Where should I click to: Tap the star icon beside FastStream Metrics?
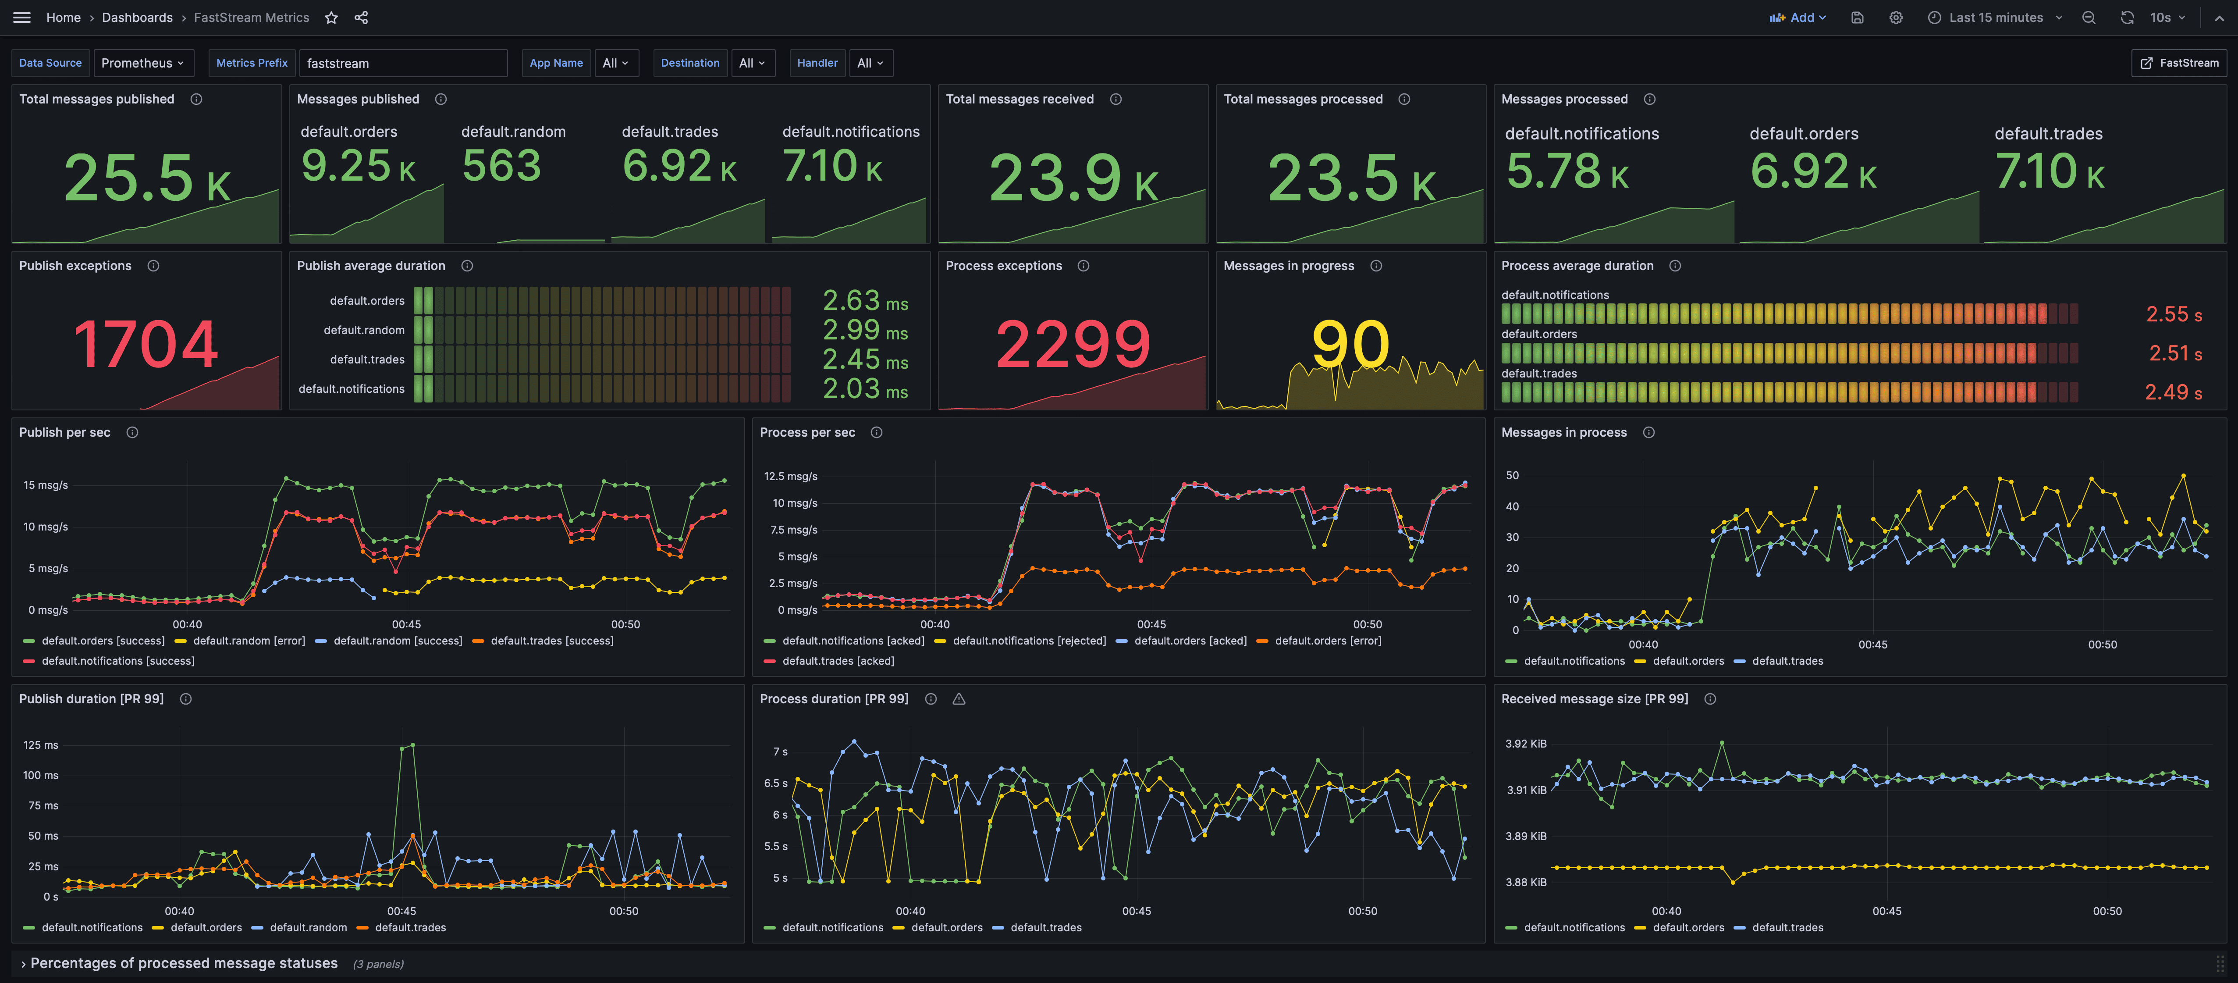331,18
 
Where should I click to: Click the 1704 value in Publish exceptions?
146,344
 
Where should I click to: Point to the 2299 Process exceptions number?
1073,344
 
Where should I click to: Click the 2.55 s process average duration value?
2174,315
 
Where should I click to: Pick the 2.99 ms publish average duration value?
865,330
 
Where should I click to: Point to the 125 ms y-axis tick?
41,745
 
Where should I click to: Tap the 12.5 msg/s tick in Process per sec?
791,476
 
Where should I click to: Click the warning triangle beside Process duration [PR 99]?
959,699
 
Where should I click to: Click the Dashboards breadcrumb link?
137,18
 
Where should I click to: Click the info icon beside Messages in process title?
1649,433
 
